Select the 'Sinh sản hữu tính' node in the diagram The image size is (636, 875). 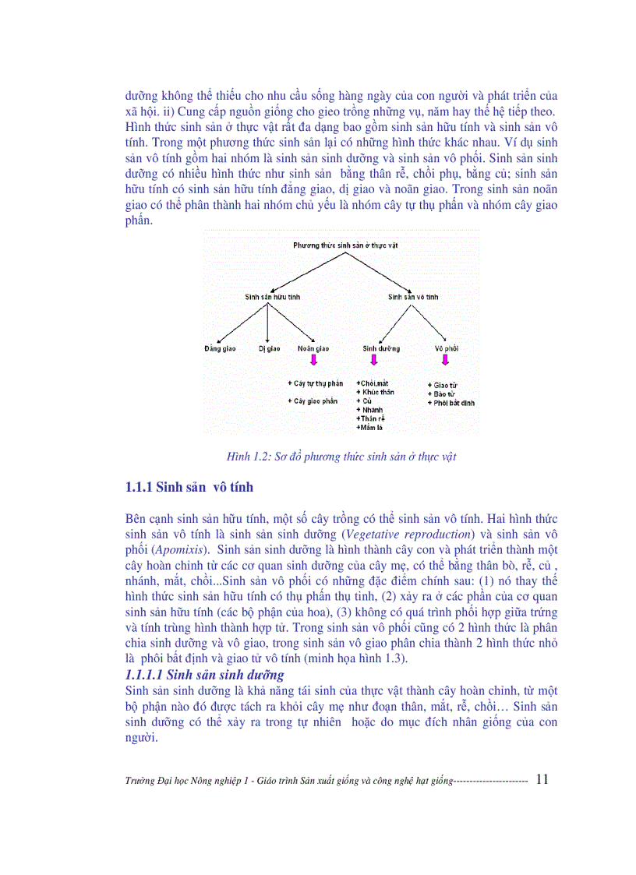272,297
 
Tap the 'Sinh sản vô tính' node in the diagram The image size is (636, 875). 413,297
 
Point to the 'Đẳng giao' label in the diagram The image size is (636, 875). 220,348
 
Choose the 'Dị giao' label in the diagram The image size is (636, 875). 269,348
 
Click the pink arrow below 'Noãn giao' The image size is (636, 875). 314,361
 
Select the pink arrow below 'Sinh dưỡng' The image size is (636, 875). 374,361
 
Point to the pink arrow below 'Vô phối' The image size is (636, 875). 445,361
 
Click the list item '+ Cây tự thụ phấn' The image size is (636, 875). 316,383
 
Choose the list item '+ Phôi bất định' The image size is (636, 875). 451,403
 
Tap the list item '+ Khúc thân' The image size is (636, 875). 375,392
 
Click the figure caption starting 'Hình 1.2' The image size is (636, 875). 341,457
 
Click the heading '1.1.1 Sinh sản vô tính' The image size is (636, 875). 189,488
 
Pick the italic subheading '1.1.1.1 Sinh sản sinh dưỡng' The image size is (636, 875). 205,675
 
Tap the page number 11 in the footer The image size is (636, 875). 542,778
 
